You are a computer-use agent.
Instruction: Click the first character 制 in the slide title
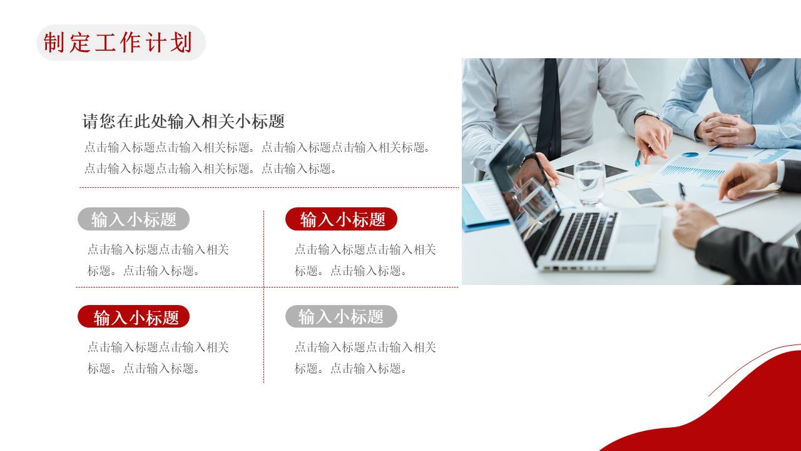coord(54,43)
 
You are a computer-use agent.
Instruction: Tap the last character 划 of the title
coord(181,43)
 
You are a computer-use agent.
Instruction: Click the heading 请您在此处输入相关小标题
coord(183,121)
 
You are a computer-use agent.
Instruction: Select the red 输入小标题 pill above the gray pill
coord(341,219)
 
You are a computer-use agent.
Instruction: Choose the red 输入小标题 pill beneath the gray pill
coord(133,317)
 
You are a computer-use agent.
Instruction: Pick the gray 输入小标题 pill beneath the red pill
coord(341,317)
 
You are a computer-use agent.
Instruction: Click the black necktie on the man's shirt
coord(549,106)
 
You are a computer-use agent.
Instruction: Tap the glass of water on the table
coord(589,182)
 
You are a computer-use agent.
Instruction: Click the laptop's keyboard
coord(585,235)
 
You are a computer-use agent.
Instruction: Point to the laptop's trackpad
coord(637,234)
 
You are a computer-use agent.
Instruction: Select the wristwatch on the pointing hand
coord(646,115)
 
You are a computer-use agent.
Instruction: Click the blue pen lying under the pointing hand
coord(638,158)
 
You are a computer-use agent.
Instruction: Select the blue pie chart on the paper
coord(690,154)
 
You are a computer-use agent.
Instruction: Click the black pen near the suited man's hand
coord(681,190)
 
